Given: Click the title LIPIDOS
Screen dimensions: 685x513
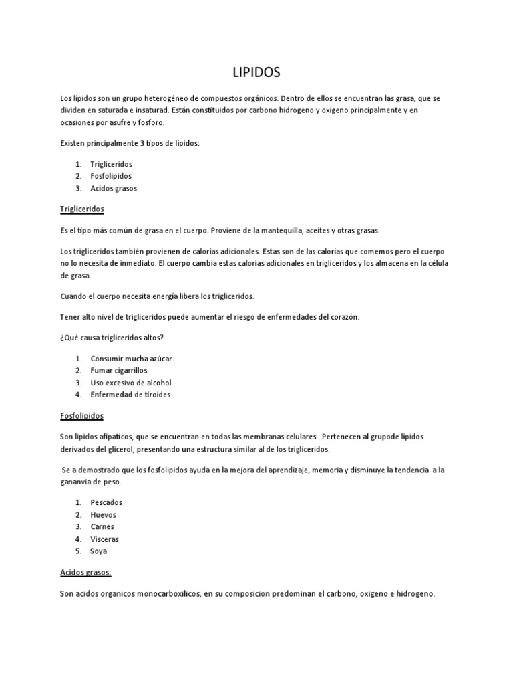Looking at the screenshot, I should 256,72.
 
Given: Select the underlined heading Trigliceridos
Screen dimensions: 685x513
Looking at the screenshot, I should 82,209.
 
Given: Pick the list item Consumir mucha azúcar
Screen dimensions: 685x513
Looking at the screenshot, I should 132,358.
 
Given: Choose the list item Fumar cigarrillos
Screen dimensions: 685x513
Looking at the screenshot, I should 120,370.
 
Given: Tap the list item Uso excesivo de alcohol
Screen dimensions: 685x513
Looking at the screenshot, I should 132,382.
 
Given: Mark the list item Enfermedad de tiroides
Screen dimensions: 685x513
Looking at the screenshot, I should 130,394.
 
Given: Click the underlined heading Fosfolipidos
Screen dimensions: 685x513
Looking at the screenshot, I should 81,415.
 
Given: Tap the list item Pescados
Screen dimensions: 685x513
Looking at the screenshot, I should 106,502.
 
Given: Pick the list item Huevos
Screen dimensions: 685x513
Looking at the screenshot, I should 103,514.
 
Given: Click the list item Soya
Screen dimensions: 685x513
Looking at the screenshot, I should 98,551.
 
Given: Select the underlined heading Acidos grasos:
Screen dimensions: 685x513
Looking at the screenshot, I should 85,572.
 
